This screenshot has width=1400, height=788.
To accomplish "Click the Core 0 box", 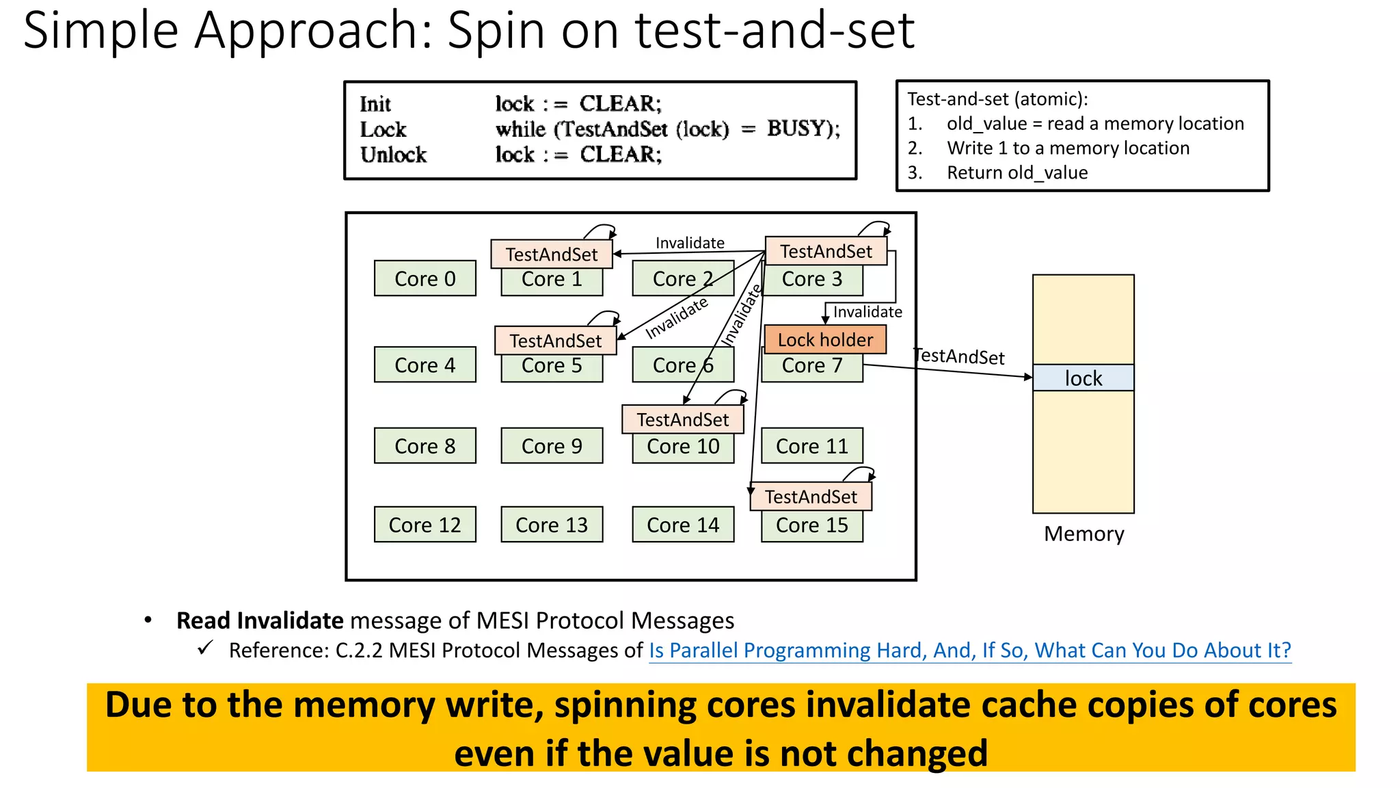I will coord(425,278).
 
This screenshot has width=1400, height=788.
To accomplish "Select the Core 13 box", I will coord(552,525).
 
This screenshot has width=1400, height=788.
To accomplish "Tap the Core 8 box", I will coord(425,446).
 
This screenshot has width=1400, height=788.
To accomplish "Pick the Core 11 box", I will coord(811,446).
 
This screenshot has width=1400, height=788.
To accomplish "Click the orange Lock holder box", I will coord(824,339).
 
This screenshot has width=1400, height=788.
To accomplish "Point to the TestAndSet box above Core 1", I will coord(551,254).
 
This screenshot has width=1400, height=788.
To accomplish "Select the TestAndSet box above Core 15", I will coord(810,497).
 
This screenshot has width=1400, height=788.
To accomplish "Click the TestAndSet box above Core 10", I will coord(682,419).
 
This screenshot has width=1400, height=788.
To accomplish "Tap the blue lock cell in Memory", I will coord(1083,378).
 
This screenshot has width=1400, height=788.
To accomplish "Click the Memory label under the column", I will coord(1083,534).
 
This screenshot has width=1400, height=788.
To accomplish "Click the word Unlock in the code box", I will coord(393,155).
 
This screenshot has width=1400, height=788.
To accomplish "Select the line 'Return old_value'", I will coord(1017,172).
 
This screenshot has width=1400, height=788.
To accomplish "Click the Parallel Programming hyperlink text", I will coord(969,650).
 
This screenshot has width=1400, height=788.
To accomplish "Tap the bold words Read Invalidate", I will coord(260,620).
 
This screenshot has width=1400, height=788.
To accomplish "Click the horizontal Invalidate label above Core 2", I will coord(689,243).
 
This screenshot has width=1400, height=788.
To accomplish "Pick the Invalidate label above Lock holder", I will coord(867,312).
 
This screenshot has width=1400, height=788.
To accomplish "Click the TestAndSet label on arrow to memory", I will coord(959,356).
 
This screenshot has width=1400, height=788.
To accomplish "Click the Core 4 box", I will coord(425,365).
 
